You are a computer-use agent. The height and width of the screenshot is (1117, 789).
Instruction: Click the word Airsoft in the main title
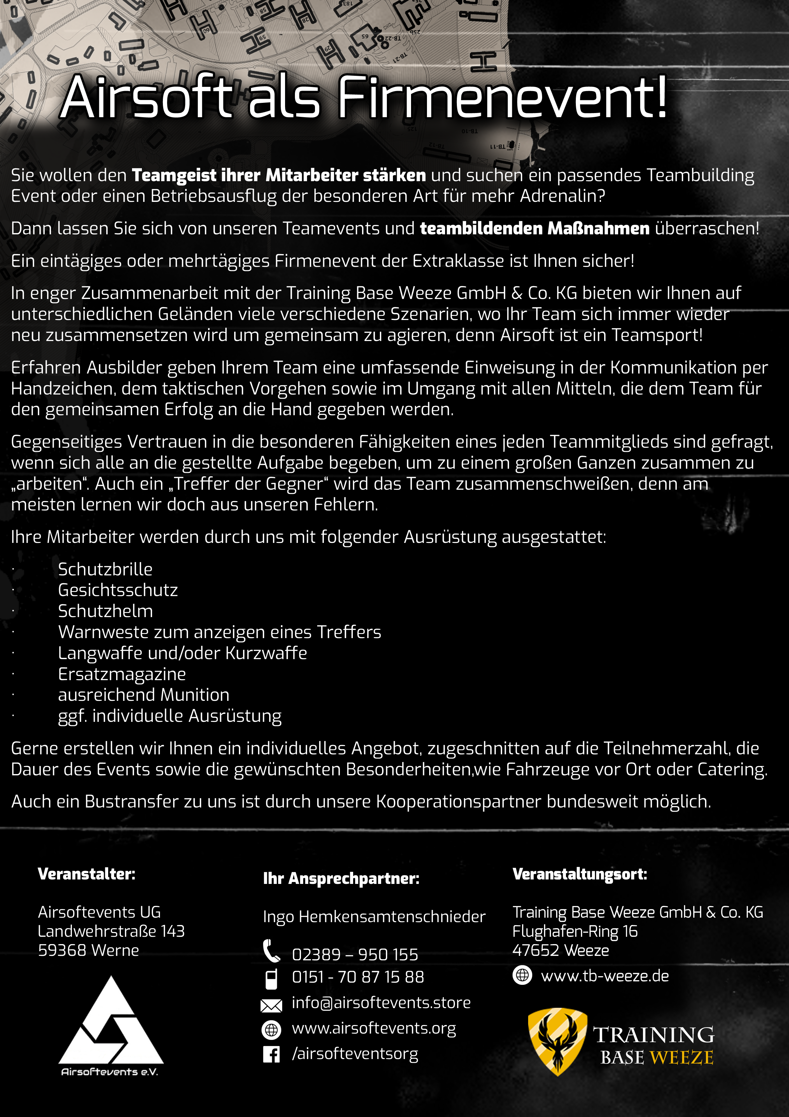click(x=146, y=97)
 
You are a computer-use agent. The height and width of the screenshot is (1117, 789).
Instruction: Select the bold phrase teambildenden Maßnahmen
click(x=534, y=228)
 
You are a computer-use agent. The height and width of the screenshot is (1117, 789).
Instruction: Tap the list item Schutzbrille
click(x=105, y=569)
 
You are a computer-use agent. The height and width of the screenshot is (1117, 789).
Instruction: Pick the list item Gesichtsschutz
click(x=118, y=590)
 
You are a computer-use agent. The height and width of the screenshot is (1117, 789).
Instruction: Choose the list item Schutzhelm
click(x=105, y=611)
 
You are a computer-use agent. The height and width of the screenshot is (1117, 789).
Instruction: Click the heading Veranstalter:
click(x=87, y=874)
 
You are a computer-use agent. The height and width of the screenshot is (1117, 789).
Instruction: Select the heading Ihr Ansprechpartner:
click(x=341, y=878)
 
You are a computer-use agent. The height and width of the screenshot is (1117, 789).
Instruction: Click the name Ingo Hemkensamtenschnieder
click(x=374, y=917)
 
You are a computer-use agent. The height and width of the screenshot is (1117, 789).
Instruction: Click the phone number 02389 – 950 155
click(x=355, y=955)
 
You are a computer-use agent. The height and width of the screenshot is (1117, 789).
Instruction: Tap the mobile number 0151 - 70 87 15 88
click(x=358, y=977)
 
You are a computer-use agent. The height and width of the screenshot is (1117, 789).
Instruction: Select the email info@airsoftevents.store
click(x=381, y=1003)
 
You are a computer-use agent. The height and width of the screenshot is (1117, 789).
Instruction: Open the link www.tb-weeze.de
click(x=605, y=976)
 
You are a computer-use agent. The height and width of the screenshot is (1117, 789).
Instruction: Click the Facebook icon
click(x=271, y=1054)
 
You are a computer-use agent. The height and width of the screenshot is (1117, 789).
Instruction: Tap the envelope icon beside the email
click(x=271, y=1005)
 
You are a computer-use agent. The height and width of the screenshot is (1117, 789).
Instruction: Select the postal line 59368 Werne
click(x=88, y=950)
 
